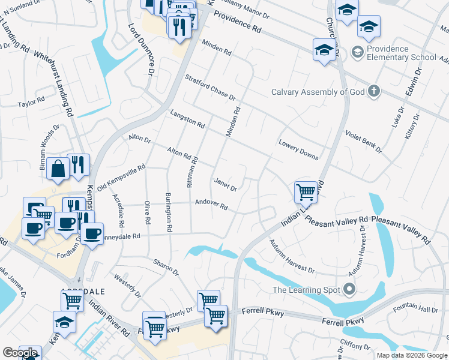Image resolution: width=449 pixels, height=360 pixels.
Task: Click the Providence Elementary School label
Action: pyautogui.click(x=401, y=53)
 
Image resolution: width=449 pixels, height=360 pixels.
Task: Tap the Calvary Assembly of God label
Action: pyautogui.click(x=318, y=92)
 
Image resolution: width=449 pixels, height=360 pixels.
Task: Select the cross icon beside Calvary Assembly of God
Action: pyautogui.click(x=374, y=92)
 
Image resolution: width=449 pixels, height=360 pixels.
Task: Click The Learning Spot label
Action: pyautogui.click(x=307, y=290)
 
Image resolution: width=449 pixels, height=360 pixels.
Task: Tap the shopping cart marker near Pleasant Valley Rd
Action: pyautogui.click(x=306, y=193)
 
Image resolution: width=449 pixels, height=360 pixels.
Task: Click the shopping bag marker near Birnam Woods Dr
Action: pyautogui.click(x=59, y=170)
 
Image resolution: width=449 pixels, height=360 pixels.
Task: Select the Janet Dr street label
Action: pyautogui.click(x=225, y=184)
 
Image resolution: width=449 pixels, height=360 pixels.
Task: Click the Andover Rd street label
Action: pyautogui.click(x=211, y=204)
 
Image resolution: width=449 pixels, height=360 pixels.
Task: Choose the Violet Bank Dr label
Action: pyautogui.click(x=363, y=142)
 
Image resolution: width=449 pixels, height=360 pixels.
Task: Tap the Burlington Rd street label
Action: pyautogui.click(x=169, y=213)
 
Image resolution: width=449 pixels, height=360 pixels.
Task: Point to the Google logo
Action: pyautogui.click(x=20, y=353)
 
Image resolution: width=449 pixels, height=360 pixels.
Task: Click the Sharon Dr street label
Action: pyautogui.click(x=166, y=268)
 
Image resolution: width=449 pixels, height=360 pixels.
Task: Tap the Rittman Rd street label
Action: pyautogui.click(x=192, y=172)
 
